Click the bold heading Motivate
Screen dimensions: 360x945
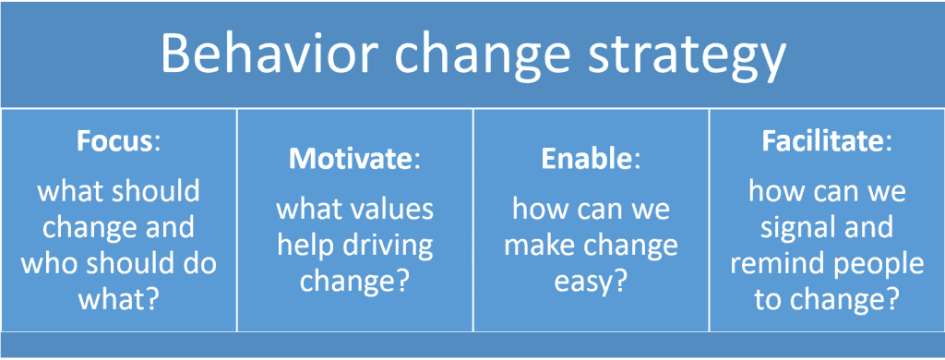(x=349, y=159)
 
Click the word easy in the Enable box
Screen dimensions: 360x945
(x=583, y=281)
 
